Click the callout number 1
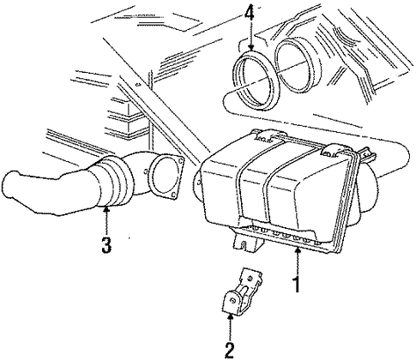[298, 285]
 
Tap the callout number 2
[230, 350]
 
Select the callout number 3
[106, 245]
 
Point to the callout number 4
[250, 11]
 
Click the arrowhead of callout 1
[298, 250]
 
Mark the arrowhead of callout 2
[230, 316]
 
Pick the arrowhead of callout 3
[106, 210]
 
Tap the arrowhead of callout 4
[250, 48]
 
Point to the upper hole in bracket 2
[250, 278]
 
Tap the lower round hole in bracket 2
[233, 300]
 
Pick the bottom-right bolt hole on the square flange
[172, 195]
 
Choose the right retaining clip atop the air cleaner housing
[335, 151]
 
